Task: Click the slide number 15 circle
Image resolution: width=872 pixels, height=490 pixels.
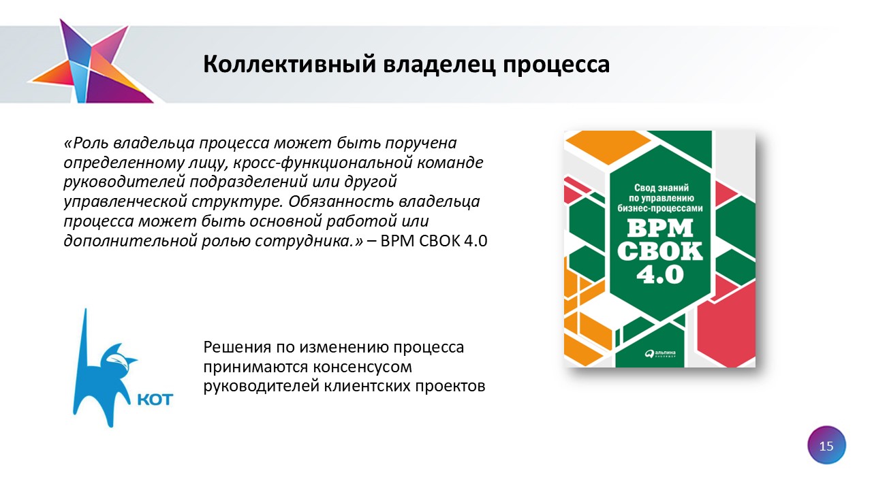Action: point(826,446)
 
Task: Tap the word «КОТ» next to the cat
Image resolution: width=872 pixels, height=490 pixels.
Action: point(156,399)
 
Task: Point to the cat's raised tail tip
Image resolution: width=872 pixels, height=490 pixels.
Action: point(86,310)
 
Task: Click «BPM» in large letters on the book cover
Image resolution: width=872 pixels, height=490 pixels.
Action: point(660,228)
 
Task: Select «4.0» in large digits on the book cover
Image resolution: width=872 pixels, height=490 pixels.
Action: point(660,274)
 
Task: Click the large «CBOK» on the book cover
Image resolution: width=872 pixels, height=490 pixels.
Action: point(660,251)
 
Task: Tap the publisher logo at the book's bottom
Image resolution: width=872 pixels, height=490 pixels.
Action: point(660,353)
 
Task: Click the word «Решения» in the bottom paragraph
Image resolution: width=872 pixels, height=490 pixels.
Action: point(238,347)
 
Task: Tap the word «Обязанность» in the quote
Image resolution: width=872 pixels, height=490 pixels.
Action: point(341,201)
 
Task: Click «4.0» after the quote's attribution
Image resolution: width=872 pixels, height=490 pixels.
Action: point(476,241)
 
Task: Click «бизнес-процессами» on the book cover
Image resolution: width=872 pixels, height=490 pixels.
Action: point(660,208)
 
